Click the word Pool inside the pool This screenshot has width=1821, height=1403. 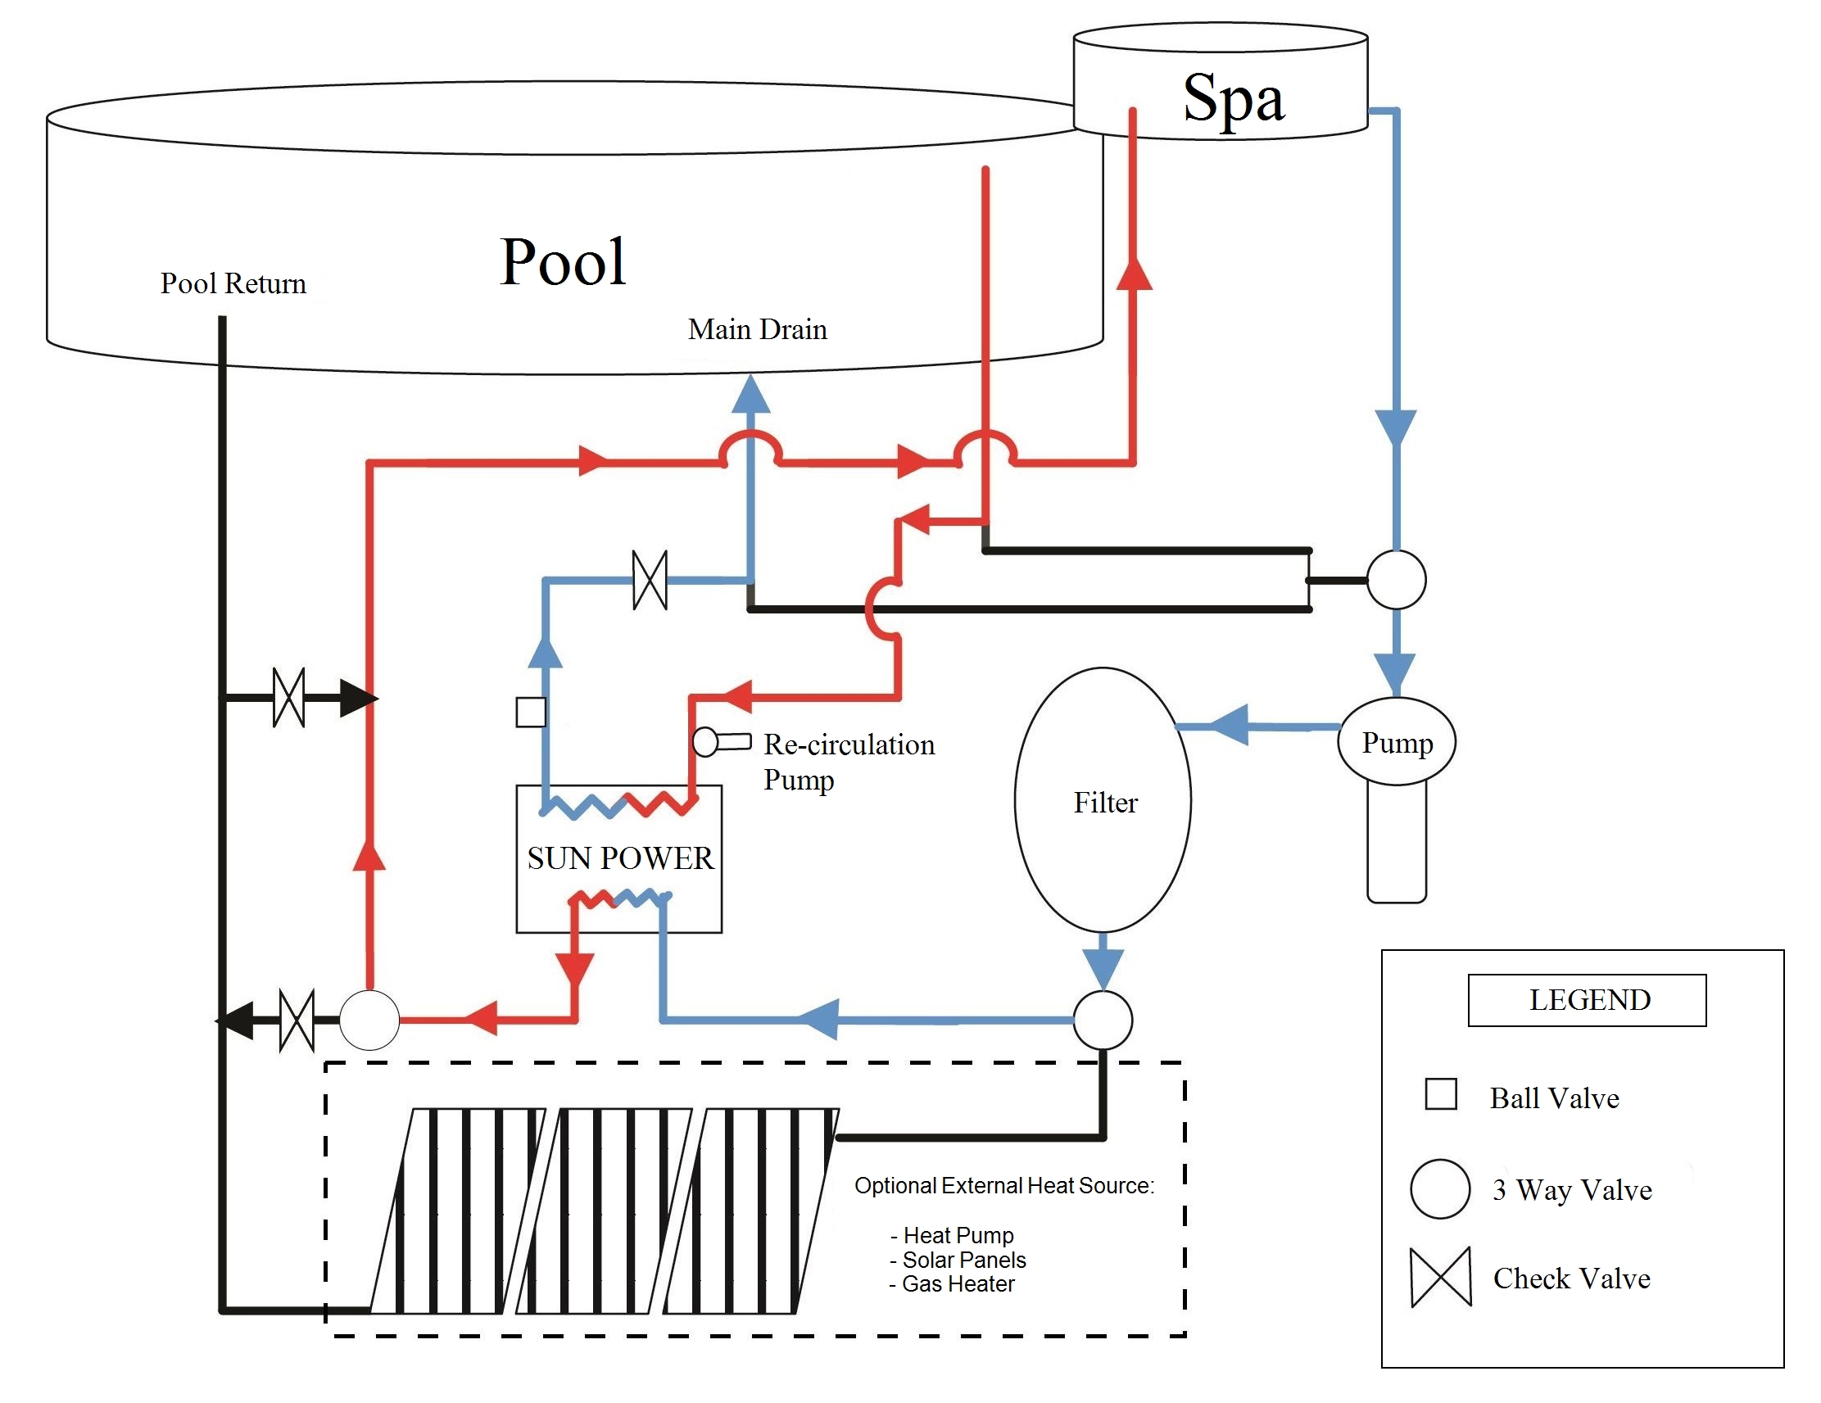pos(563,262)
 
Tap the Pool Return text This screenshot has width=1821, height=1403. pos(233,284)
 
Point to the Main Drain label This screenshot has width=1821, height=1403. pos(756,330)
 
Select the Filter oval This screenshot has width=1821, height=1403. pos(1103,800)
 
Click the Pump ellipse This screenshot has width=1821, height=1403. pos(1396,741)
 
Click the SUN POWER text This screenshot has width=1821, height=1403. pos(619,858)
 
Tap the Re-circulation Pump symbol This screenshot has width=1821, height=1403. pos(720,741)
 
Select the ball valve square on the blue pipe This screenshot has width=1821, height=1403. pos(530,712)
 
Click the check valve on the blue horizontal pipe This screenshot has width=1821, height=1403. pos(650,579)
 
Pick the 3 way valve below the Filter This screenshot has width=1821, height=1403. pos(1103,1020)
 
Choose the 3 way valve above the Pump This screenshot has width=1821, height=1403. pos(1396,579)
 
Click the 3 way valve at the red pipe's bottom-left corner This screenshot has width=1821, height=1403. pos(369,1020)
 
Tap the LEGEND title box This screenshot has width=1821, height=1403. pos(1586,999)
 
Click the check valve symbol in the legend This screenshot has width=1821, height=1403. pos(1440,1277)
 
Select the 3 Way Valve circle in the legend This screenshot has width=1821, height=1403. pos(1439,1188)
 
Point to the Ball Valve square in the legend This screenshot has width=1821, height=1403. pos(1440,1093)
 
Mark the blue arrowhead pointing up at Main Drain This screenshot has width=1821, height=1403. pos(750,394)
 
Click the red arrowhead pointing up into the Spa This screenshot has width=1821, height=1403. pos(1133,274)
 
